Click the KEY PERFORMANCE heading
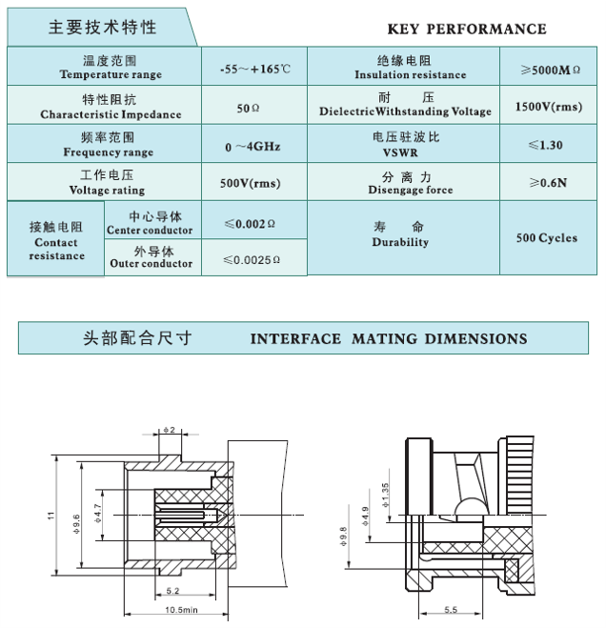coord(467,29)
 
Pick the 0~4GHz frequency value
coord(252,147)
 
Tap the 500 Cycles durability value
coord(547,237)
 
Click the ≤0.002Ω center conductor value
coord(250,224)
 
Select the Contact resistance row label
coord(56,241)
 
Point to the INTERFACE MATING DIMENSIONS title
coord(388,338)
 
